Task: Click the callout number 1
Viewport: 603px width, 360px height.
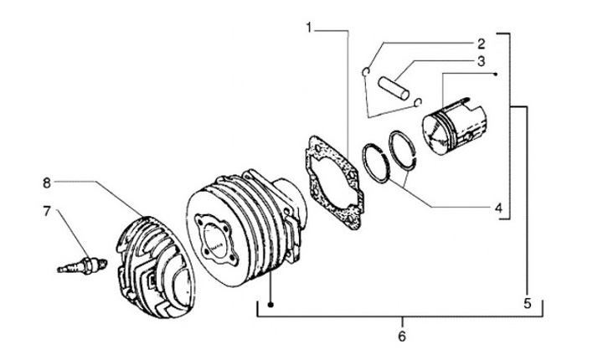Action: (309, 28)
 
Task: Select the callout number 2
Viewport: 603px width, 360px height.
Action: (481, 44)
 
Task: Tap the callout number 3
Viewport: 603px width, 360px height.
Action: (481, 61)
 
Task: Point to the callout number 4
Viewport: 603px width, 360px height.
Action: (498, 208)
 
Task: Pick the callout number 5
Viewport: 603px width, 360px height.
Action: (528, 303)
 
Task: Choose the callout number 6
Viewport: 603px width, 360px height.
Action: (401, 337)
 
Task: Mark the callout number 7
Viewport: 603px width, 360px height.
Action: (47, 211)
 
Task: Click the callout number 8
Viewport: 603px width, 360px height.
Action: (47, 183)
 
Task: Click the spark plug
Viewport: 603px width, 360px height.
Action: (82, 265)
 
